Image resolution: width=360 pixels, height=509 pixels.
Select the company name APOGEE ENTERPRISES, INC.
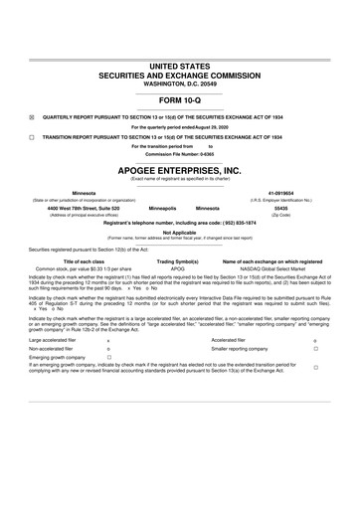click(180, 170)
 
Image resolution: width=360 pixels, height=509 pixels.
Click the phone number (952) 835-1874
click(236, 223)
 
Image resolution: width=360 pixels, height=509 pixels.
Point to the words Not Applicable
click(180, 233)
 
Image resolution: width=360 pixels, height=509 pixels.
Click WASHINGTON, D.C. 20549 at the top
click(180, 85)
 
